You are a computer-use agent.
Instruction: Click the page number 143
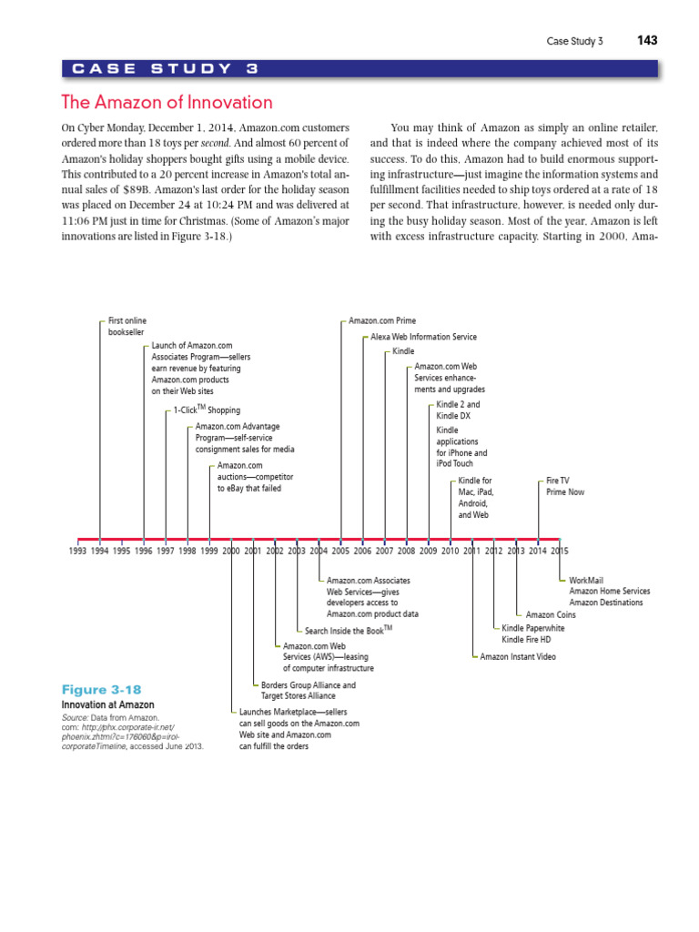pos(647,41)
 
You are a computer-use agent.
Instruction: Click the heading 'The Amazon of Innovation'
pos(166,102)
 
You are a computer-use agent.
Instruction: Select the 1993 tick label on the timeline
pos(78,551)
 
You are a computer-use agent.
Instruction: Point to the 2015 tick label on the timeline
pos(559,551)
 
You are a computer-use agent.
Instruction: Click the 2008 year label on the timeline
pos(406,551)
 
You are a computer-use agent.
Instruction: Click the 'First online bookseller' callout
pos(127,326)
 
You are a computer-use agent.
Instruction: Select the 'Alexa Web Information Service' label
pos(423,337)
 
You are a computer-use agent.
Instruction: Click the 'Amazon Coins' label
pos(551,615)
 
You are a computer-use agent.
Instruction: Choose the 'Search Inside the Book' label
pos(349,630)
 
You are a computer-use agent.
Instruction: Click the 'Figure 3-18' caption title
pos(101,690)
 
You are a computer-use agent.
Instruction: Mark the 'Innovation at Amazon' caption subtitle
pos(107,704)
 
